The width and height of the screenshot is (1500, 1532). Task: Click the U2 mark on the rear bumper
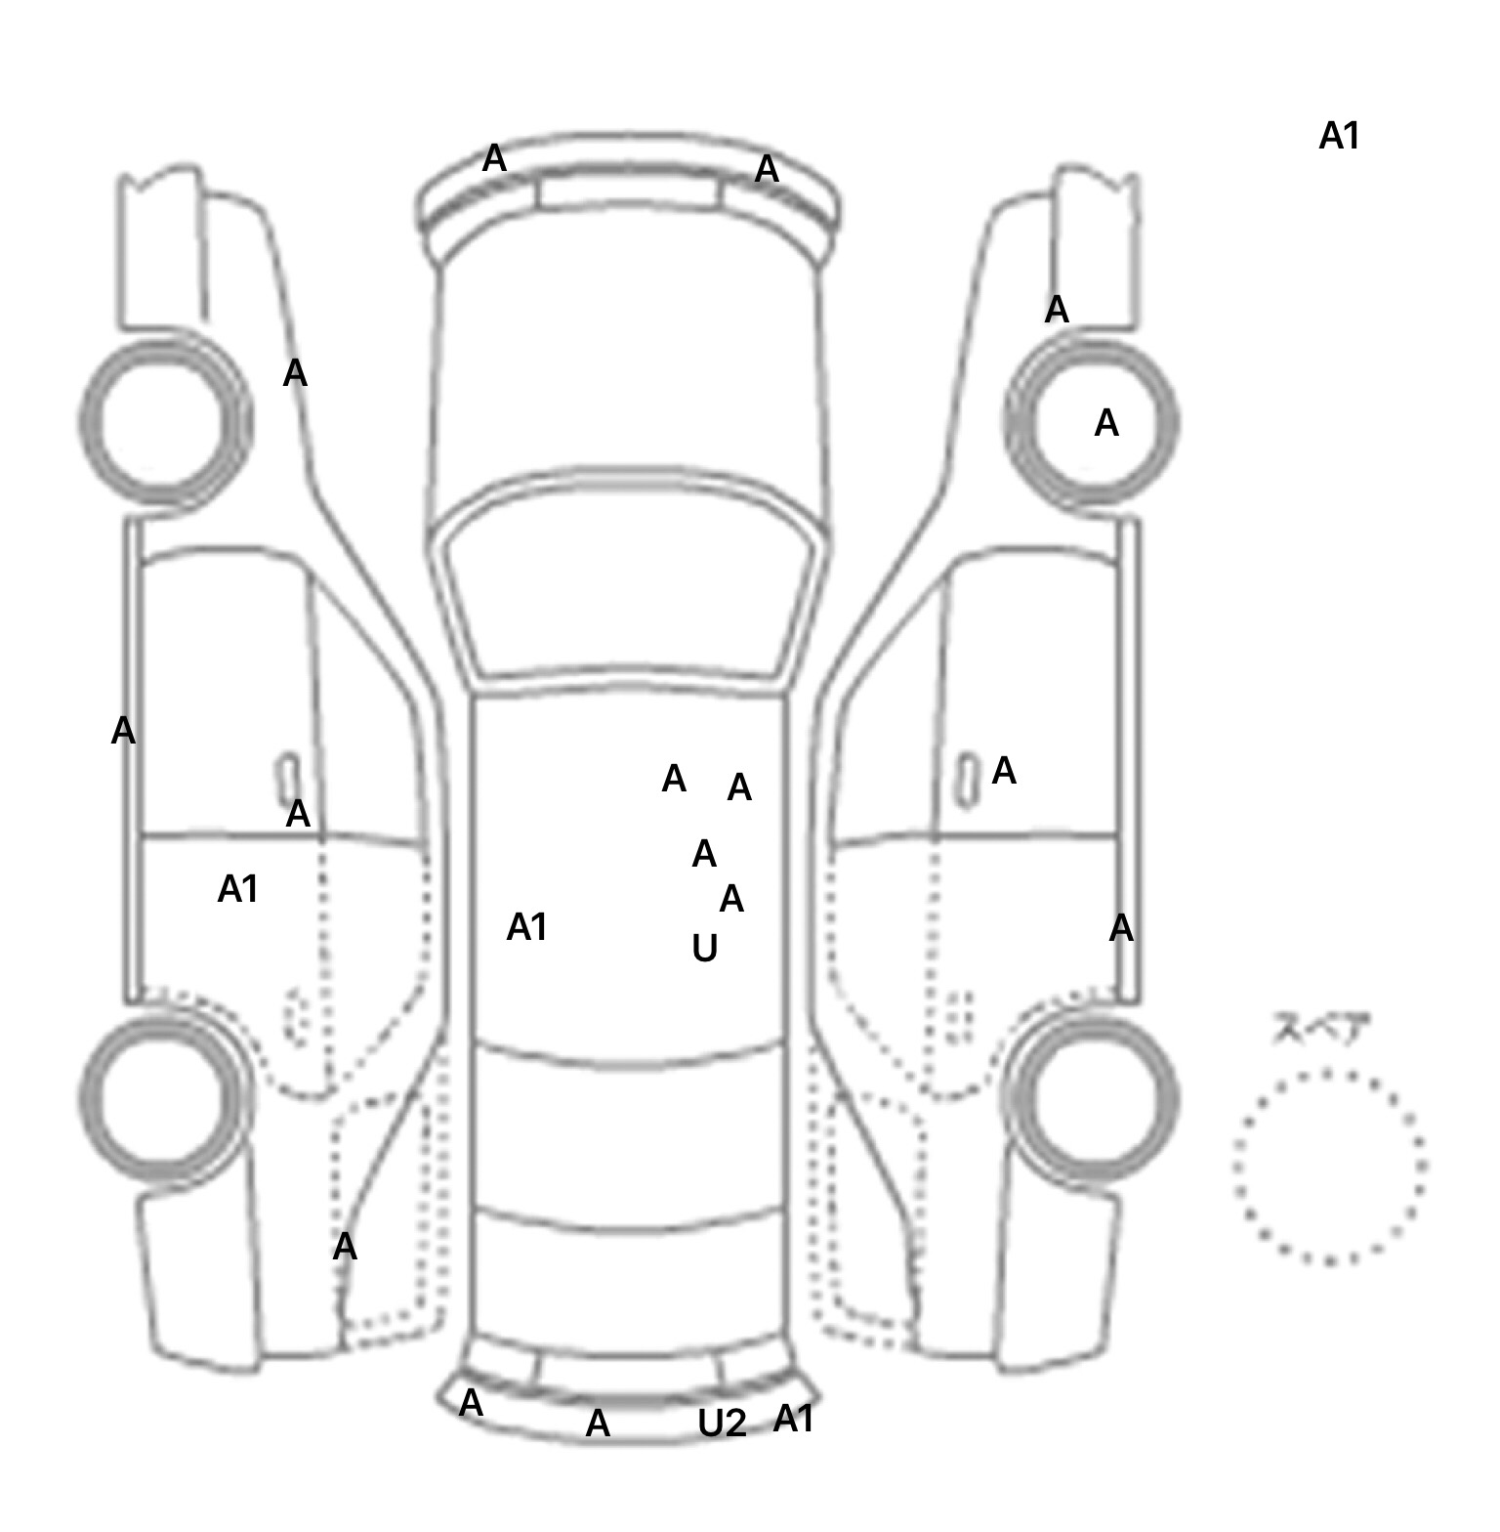[722, 1424]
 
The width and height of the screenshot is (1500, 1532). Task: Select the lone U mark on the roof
[704, 948]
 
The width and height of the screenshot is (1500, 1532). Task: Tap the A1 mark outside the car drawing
[1339, 137]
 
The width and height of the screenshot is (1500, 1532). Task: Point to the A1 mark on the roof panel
[526, 927]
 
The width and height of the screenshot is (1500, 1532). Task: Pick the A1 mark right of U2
[793, 1419]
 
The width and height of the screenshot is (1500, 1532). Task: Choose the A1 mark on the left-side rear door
[237, 889]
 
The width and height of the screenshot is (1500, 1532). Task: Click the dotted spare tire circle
[1329, 1167]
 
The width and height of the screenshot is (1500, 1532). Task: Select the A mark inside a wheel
[1105, 424]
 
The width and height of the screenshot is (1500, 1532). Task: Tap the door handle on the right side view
[967, 779]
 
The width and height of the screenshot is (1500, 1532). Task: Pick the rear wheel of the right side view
[1094, 1096]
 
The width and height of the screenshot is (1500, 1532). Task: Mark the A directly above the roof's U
[730, 899]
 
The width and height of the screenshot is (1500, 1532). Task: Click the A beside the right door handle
[1003, 772]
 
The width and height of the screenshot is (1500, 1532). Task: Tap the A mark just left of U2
[597, 1424]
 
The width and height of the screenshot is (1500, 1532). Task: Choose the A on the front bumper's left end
[494, 158]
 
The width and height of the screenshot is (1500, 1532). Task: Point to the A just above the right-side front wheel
[1057, 311]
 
